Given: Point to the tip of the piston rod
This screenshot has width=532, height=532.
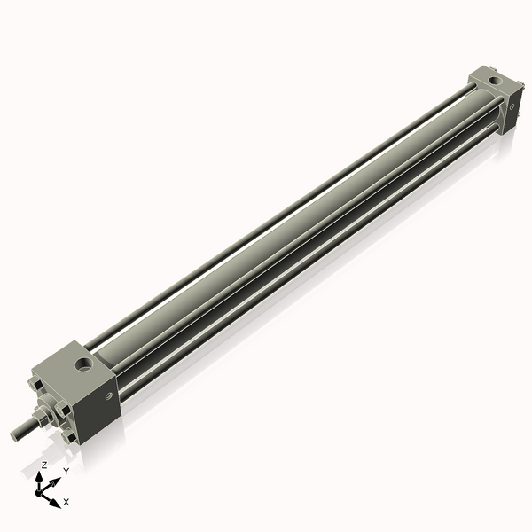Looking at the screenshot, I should point(15,434).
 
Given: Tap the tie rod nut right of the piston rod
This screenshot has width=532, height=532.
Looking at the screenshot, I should point(65,410).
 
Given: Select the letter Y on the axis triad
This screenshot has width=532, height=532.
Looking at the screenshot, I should point(66,472).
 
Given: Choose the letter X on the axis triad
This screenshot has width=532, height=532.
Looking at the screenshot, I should point(66,502).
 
